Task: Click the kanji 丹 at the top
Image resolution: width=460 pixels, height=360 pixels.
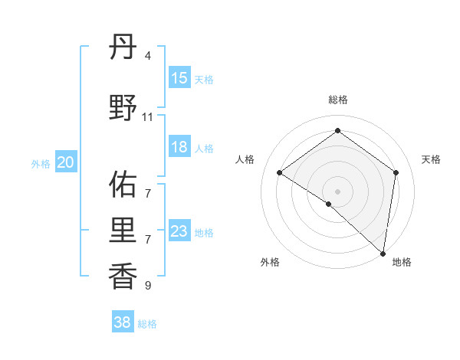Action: (x=123, y=50)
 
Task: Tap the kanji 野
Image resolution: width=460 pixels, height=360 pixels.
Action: (x=123, y=108)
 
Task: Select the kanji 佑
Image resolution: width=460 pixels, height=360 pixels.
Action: (x=123, y=183)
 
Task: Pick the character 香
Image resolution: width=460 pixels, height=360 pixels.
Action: (x=123, y=273)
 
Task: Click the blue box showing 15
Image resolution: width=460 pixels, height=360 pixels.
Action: (x=179, y=78)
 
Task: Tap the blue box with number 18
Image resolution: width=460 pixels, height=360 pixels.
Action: (x=179, y=147)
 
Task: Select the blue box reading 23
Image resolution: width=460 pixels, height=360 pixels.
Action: (x=179, y=231)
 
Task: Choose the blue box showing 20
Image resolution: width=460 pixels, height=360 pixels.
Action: (x=66, y=162)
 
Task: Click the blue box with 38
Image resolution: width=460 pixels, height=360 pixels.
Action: (x=123, y=322)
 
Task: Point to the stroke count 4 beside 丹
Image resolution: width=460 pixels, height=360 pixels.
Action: (x=147, y=57)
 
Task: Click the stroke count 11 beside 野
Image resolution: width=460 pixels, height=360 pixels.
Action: (x=147, y=116)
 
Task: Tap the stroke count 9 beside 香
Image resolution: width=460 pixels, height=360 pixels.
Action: (x=147, y=286)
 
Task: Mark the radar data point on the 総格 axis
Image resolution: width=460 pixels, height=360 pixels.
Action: (x=337, y=131)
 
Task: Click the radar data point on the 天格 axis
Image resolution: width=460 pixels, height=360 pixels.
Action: (x=396, y=172)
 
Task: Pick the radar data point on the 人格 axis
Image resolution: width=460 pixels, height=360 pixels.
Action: (x=279, y=172)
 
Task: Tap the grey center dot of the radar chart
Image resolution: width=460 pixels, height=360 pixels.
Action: (x=337, y=191)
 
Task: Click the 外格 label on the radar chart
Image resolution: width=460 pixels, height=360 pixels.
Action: (x=270, y=262)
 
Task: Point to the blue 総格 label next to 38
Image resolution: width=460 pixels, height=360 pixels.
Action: (x=147, y=324)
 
